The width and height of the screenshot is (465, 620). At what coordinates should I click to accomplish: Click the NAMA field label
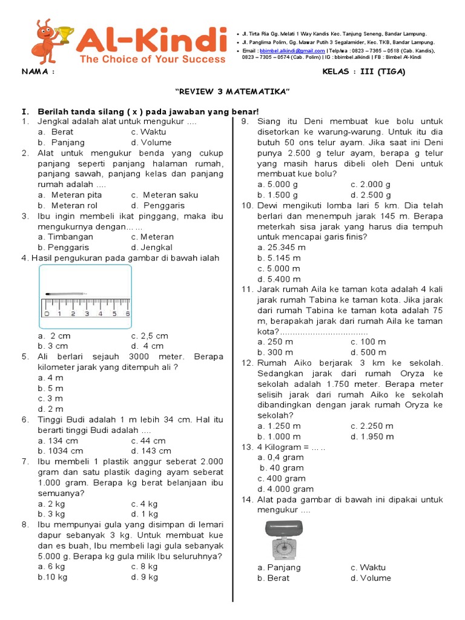click(38, 72)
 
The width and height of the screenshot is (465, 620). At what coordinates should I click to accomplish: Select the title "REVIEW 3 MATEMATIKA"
click(232, 91)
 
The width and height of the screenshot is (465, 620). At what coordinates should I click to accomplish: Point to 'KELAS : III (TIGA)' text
click(364, 72)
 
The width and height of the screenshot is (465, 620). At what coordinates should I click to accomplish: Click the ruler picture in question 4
click(85, 294)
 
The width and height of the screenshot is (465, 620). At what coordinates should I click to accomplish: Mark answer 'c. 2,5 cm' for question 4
click(150, 335)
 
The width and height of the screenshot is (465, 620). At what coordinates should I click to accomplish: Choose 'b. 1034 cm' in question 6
click(60, 450)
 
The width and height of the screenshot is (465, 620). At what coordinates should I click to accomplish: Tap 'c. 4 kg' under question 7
click(144, 504)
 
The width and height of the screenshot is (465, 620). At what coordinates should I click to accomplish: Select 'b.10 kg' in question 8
click(52, 577)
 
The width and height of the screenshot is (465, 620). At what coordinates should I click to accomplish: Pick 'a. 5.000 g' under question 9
click(277, 184)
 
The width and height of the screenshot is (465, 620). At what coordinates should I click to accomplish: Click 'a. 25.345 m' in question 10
click(282, 247)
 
